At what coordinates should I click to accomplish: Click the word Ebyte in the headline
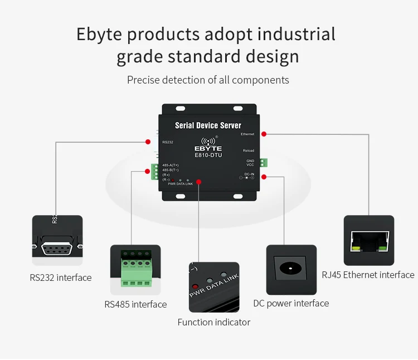[100, 35]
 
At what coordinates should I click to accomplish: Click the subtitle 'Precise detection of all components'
[208, 80]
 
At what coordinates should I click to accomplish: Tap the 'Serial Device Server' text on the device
[208, 125]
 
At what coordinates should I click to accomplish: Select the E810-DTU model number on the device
[208, 155]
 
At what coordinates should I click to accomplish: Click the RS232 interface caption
[61, 278]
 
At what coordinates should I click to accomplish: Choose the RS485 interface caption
[135, 304]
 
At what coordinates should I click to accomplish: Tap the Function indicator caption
[214, 322]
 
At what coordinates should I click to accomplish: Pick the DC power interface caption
[291, 303]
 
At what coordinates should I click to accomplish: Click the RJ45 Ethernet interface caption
[368, 275]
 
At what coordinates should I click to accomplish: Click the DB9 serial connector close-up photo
[57, 240]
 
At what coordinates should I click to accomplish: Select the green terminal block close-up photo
[135, 270]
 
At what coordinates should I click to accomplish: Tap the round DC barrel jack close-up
[291, 269]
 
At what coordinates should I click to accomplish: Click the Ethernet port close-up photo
[368, 240]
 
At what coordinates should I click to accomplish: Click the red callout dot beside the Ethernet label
[264, 134]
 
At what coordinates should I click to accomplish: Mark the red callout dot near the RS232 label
[148, 142]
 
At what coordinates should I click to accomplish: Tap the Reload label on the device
[248, 151]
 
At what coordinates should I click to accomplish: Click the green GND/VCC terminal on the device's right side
[263, 163]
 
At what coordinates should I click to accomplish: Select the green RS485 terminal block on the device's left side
[154, 172]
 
